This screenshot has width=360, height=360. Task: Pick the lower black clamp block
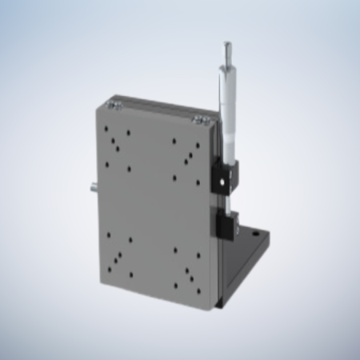click(x=226, y=226)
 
